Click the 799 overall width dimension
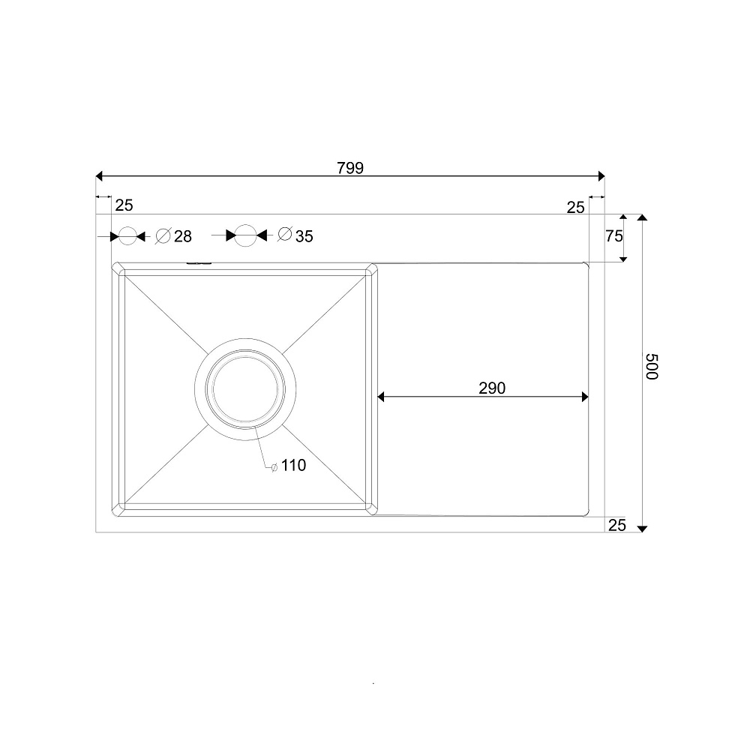pyautogui.click(x=350, y=168)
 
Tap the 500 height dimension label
pyautogui.click(x=652, y=367)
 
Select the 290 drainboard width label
pyautogui.click(x=492, y=388)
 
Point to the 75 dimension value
pyautogui.click(x=614, y=235)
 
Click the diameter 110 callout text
pyautogui.click(x=289, y=466)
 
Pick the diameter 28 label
pyautogui.click(x=174, y=235)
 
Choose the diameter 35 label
pyautogui.click(x=295, y=235)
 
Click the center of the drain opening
pyautogui.click(x=245, y=388)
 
